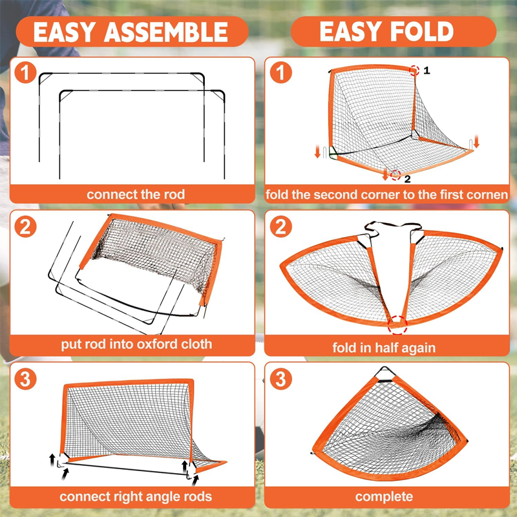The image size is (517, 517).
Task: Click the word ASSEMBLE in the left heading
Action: (x=166, y=32)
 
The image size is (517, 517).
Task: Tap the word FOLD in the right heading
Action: (x=422, y=31)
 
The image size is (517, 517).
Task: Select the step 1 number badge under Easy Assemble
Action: (x=25, y=72)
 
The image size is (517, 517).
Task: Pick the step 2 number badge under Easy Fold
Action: (x=281, y=227)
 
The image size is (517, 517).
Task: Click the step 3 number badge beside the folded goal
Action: (x=281, y=379)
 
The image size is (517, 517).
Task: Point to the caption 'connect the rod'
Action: (x=136, y=195)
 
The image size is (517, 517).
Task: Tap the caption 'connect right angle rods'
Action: (x=136, y=496)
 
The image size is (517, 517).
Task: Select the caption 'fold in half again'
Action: (x=384, y=348)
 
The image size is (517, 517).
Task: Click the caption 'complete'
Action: (x=384, y=496)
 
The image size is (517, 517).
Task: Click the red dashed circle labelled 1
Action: (x=414, y=70)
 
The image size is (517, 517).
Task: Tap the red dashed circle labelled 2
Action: (x=396, y=174)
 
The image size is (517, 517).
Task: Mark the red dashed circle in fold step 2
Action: (x=397, y=325)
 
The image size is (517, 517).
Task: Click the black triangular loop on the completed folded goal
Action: (x=385, y=374)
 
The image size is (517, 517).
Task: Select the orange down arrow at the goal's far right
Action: (x=476, y=141)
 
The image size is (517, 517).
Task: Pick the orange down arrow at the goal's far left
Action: (x=317, y=151)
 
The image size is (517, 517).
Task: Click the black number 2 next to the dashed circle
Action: (x=408, y=179)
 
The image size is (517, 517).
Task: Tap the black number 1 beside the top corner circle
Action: (x=427, y=70)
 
